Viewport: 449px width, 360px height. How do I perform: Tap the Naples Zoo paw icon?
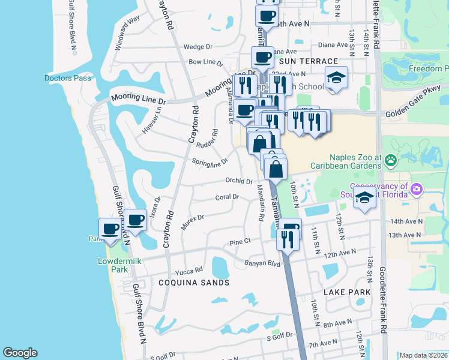pos(391,160)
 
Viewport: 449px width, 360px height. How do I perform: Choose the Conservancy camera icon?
pos(416,190)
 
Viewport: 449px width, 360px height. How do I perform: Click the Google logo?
pos(20,353)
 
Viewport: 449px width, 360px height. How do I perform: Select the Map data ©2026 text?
pos(424,355)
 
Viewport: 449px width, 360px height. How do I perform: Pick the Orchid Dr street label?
pos(239,181)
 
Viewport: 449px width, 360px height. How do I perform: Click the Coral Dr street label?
pos(227,197)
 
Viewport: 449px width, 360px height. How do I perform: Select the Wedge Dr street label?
pos(198,47)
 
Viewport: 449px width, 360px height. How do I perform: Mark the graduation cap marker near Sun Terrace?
pos(336,78)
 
